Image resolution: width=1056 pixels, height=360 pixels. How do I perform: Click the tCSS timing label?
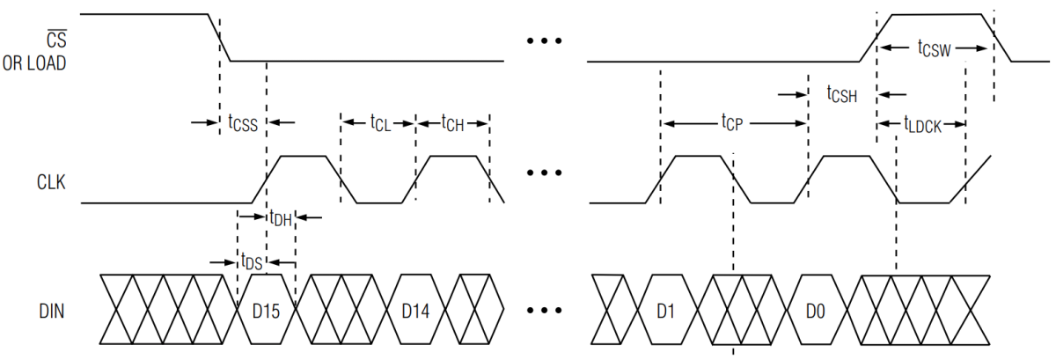coord(243,123)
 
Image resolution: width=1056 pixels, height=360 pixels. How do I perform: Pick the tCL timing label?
coord(379,122)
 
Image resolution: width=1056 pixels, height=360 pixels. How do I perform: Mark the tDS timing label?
coord(252,261)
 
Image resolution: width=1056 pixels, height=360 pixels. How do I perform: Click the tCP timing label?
coord(732,123)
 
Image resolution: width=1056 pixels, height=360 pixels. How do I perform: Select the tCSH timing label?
coord(842,94)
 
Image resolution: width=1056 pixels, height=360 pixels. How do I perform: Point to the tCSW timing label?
coord(934,48)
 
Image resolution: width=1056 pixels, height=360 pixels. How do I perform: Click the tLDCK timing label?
coord(922,125)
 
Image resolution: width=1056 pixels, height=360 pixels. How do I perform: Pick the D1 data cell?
coord(665,310)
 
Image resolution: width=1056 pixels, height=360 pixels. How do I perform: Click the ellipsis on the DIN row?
coord(544,310)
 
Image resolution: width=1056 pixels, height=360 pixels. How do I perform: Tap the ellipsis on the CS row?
coord(544,40)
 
